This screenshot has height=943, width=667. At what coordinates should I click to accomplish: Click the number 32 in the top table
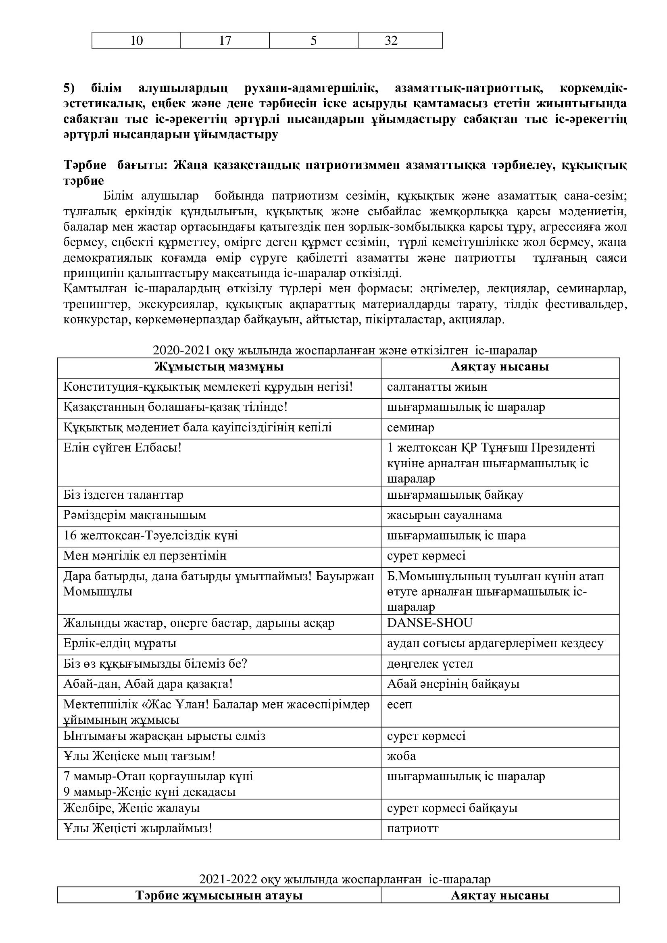click(x=391, y=41)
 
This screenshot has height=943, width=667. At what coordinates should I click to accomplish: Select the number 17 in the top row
click(x=225, y=41)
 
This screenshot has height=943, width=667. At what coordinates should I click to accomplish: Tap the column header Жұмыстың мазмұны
click(x=219, y=366)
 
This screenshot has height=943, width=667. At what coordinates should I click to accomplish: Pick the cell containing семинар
click(x=410, y=427)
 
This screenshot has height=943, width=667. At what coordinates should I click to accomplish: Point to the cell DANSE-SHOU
click(x=429, y=623)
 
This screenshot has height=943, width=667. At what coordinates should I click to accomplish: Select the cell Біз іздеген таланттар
click(x=123, y=495)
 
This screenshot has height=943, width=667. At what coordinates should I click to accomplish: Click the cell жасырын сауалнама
click(x=444, y=515)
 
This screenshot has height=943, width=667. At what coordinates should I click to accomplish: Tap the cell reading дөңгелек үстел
click(x=430, y=664)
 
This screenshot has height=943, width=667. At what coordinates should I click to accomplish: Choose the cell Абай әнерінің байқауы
click(x=453, y=684)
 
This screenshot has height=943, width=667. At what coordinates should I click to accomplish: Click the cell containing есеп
click(x=399, y=704)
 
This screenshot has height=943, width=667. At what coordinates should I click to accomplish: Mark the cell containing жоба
click(x=401, y=756)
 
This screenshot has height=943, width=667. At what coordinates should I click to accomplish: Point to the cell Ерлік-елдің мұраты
click(x=120, y=643)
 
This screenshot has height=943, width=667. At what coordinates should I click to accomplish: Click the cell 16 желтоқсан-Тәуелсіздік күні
click(x=150, y=535)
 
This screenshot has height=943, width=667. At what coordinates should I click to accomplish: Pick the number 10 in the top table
click(x=136, y=41)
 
